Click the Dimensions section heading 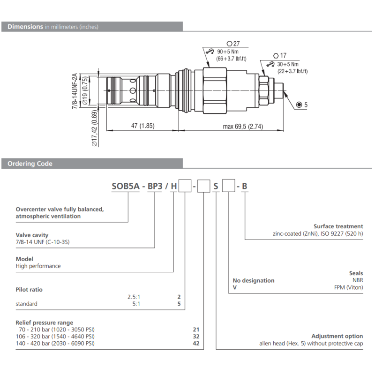point(53,27)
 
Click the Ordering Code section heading point(30,164)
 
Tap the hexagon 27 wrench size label point(233,44)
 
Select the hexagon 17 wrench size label point(280,55)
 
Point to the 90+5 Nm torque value point(228,52)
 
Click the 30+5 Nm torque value point(288,64)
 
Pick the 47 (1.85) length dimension point(143,126)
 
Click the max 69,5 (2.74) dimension point(243,126)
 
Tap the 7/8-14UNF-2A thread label point(75,91)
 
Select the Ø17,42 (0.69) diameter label point(95,128)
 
